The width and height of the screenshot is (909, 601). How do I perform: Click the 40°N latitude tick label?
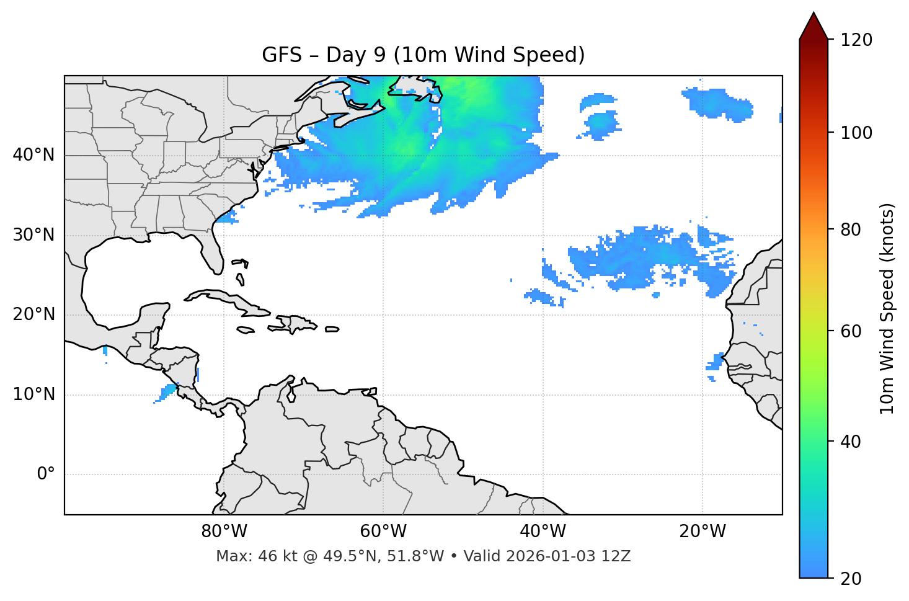click(33, 155)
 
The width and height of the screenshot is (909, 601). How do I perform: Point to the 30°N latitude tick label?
click(33, 235)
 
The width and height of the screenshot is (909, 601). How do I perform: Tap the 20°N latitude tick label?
click(33, 315)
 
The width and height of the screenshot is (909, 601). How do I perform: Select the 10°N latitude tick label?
click(33, 394)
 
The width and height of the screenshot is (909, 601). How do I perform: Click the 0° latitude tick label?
click(45, 474)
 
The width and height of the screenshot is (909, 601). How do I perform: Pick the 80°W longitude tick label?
click(224, 532)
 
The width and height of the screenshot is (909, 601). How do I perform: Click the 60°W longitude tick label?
click(383, 532)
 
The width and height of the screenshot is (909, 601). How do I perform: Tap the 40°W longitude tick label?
click(543, 532)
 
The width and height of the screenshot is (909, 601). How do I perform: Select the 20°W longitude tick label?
click(703, 532)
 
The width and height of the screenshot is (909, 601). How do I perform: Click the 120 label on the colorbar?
click(856, 40)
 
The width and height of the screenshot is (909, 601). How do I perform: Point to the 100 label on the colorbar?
click(856, 133)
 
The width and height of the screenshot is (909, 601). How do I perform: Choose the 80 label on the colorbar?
click(852, 229)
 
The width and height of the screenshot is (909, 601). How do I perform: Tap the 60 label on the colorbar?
click(852, 331)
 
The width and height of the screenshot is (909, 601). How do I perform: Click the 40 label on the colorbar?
click(852, 442)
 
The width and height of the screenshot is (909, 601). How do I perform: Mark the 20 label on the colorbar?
click(852, 579)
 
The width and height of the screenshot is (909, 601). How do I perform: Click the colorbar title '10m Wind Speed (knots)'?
click(887, 308)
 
